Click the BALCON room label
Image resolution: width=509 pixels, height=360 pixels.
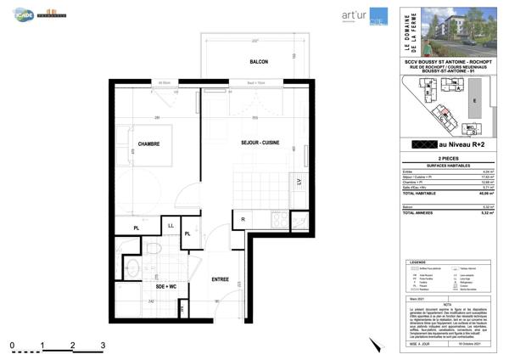247,63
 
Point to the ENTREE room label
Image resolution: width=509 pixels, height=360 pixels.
220,279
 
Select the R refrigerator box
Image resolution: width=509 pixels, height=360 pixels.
243,220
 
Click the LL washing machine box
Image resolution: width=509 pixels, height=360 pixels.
171,225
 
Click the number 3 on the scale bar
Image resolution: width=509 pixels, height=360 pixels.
103,345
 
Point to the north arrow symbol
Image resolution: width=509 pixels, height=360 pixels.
373,344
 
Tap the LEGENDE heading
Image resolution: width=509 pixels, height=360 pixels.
417,262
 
